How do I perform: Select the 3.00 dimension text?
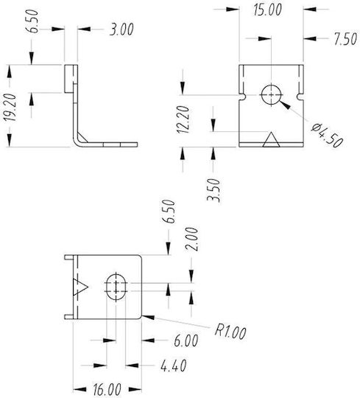121,29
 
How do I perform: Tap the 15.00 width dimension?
267,10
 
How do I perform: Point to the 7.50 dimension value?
345,39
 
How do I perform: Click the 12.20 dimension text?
183,119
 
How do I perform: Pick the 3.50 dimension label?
213,190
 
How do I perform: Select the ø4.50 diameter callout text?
328,136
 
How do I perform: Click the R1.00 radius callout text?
230,331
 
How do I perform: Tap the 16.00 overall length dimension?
107,389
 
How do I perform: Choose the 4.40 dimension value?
174,366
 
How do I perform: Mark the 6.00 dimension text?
186,341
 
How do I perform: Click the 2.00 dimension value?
191,239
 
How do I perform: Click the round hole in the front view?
271,94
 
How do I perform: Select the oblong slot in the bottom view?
116,287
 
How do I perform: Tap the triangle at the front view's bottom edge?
271,139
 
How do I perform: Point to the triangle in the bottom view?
80,287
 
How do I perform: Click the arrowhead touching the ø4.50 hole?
284,105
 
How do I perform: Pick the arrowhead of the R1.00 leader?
148,317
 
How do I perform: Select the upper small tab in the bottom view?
68,257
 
